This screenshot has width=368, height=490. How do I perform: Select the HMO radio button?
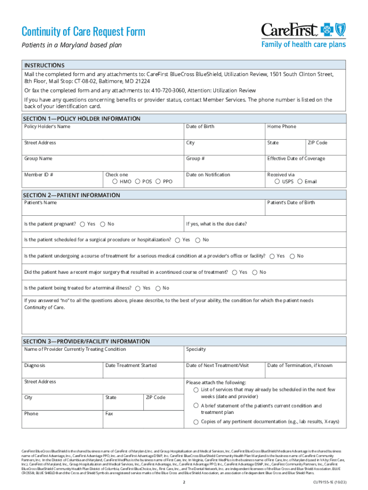115,182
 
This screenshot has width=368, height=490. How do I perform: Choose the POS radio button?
138,182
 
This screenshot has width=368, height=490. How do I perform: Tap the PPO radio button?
158,182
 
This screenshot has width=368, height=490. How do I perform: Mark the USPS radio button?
277,182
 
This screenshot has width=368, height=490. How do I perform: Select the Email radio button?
300,182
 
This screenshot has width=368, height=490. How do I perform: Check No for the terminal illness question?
158,288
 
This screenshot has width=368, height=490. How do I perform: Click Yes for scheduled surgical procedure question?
178,240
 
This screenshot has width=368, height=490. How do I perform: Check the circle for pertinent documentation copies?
196,422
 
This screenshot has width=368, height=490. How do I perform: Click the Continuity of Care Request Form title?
84,32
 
